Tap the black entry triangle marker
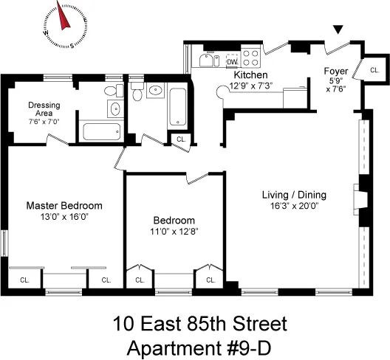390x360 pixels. tap(338, 30)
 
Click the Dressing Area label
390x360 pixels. tap(44, 110)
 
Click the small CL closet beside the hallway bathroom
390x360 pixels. tap(180, 139)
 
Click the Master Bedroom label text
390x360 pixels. tap(64, 206)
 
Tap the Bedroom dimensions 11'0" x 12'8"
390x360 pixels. tap(174, 231)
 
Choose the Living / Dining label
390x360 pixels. tap(294, 195)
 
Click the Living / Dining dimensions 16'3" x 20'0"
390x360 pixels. tap(294, 207)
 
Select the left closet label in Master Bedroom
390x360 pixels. tap(24, 280)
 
